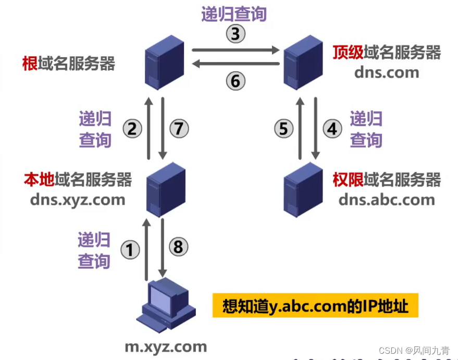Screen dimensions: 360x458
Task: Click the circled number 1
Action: (130, 250)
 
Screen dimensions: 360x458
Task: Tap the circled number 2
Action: (132, 128)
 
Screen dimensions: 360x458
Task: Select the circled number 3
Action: (236, 34)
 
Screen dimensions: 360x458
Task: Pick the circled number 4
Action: (332, 128)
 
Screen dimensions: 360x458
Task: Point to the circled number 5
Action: (283, 128)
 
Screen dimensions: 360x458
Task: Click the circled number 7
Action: (179, 128)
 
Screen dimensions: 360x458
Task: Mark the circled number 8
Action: (179, 246)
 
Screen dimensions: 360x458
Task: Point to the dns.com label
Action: (387, 72)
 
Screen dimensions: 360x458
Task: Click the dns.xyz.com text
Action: (78, 200)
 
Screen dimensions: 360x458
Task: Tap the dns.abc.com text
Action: (387, 200)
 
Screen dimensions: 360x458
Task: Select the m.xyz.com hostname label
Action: (166, 346)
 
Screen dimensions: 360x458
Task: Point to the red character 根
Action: (29, 64)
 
